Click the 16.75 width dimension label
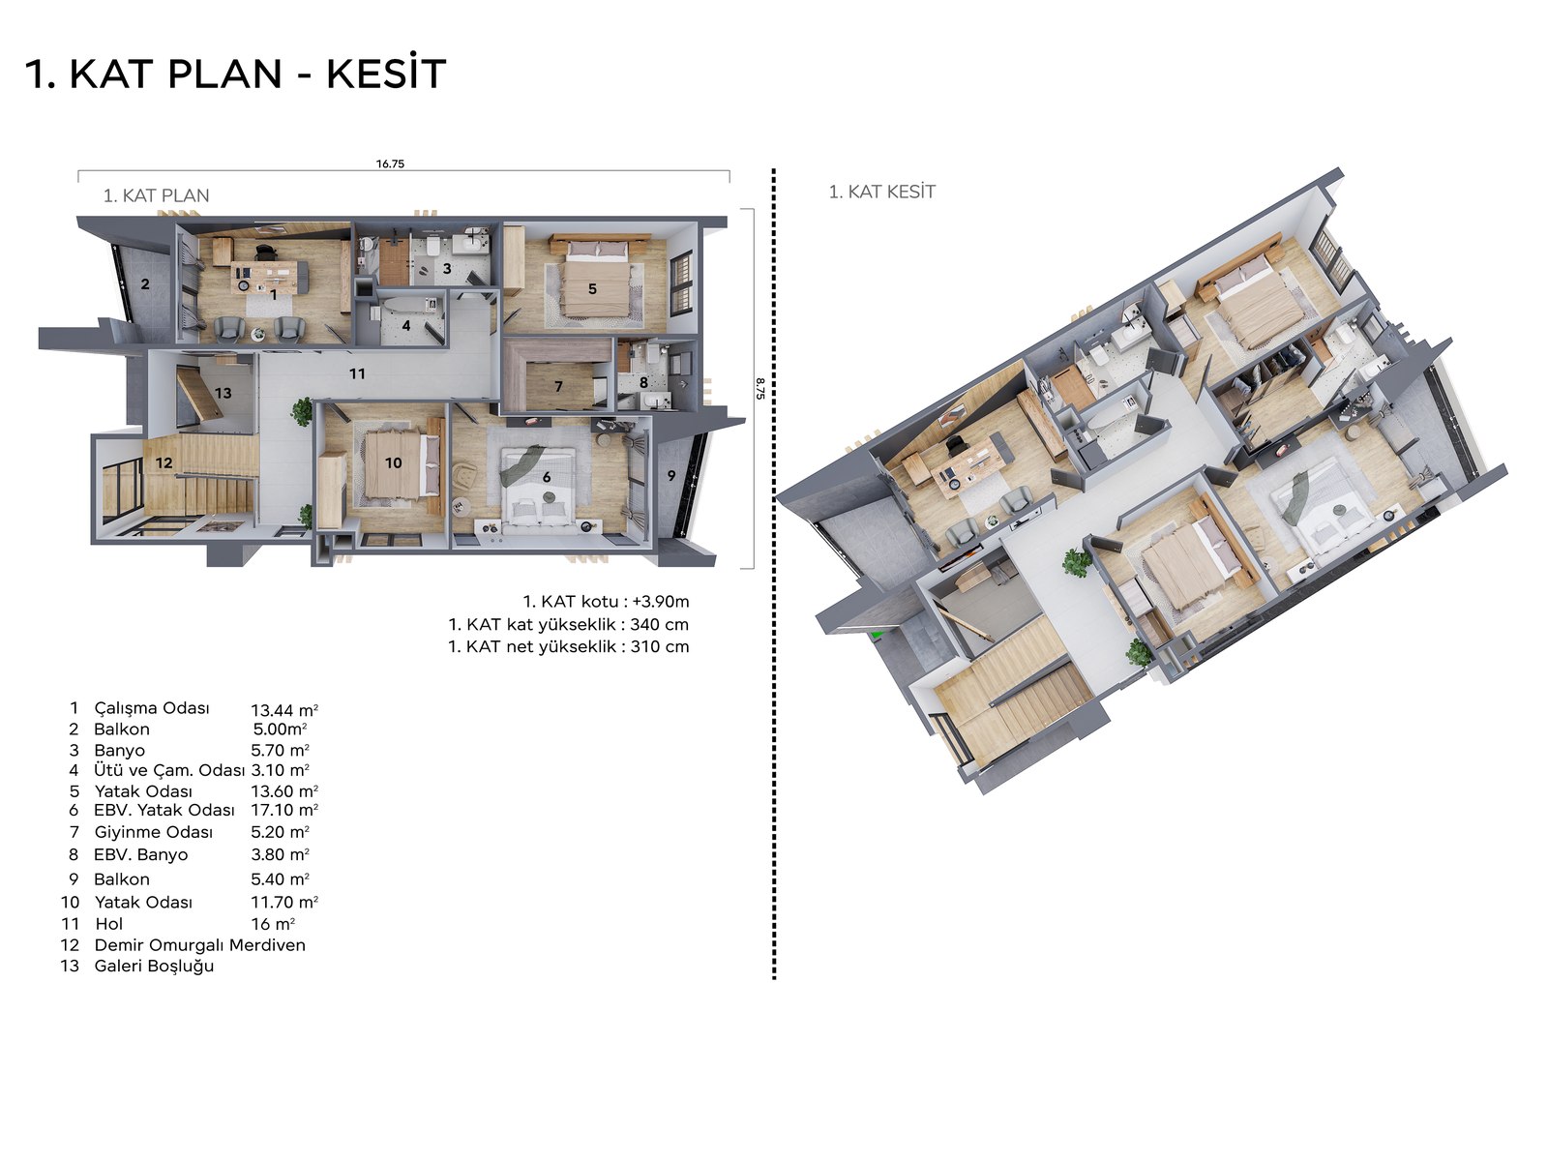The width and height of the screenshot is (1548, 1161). (x=390, y=164)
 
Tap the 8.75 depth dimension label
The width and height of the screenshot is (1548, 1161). (x=759, y=388)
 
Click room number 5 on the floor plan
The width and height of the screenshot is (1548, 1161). (x=592, y=288)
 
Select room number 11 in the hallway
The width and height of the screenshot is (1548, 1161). (x=358, y=373)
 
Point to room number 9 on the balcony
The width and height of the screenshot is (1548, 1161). (x=671, y=476)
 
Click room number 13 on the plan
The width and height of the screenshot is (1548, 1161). (x=223, y=394)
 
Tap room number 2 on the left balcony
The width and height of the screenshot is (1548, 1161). (x=145, y=284)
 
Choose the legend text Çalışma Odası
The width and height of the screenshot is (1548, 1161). (x=152, y=708)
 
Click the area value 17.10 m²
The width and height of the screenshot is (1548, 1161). (x=284, y=810)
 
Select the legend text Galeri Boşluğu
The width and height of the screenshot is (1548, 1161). (x=154, y=967)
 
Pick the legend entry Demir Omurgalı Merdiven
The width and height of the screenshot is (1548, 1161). (x=199, y=945)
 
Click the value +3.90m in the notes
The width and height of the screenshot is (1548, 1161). (x=661, y=601)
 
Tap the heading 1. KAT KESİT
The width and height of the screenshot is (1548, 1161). (x=881, y=192)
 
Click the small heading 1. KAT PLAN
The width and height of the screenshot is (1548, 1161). (x=156, y=195)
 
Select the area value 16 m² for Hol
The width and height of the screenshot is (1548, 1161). (x=273, y=923)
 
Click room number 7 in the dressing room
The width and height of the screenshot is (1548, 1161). (x=558, y=386)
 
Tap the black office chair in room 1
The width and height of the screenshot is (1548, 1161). (x=264, y=252)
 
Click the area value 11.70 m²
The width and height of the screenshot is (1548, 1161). (x=284, y=903)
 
